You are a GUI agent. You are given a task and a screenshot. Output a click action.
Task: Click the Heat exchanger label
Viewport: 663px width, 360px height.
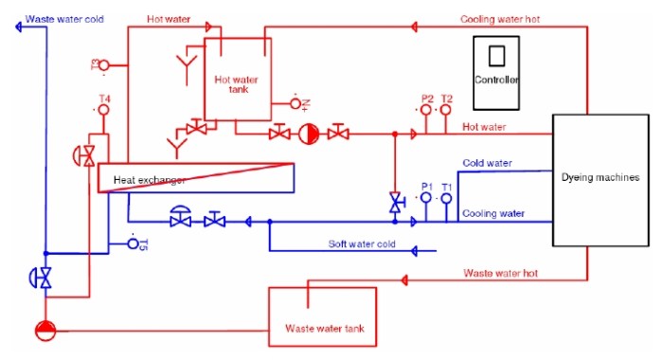tap(149, 179)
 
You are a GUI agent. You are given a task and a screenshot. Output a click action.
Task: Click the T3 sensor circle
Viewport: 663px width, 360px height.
tap(105, 64)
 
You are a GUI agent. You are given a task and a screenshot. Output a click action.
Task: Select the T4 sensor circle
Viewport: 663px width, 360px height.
tap(104, 110)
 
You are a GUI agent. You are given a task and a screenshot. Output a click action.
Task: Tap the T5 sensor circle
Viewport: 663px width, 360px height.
tap(133, 244)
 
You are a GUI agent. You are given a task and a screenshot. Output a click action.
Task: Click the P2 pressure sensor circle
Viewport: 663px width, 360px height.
tap(426, 110)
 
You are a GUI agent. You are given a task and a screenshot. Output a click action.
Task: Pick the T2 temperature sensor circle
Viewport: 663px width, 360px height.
tap(446, 110)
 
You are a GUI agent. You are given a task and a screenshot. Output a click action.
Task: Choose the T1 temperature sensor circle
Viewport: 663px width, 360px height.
tap(446, 197)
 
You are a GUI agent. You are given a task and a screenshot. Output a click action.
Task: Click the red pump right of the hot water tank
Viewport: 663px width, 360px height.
tap(308, 134)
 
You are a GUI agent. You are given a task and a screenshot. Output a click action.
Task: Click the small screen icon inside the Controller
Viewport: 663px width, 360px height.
tap(497, 55)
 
